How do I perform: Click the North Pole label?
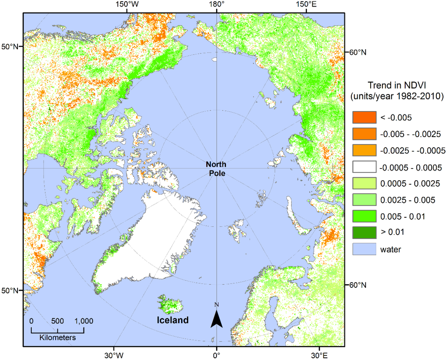[x=216, y=168]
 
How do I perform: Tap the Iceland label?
[x=172, y=320]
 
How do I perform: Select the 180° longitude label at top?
[x=216, y=4]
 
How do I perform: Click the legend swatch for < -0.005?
[x=364, y=117]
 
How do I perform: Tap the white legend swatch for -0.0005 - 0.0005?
[x=364, y=167]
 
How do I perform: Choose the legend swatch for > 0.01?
[x=364, y=233]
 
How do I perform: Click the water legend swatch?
[x=364, y=249]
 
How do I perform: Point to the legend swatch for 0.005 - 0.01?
[x=364, y=216]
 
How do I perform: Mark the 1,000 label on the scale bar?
[x=84, y=321]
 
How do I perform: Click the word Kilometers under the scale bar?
[x=57, y=337]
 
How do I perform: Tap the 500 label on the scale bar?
[x=57, y=321]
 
